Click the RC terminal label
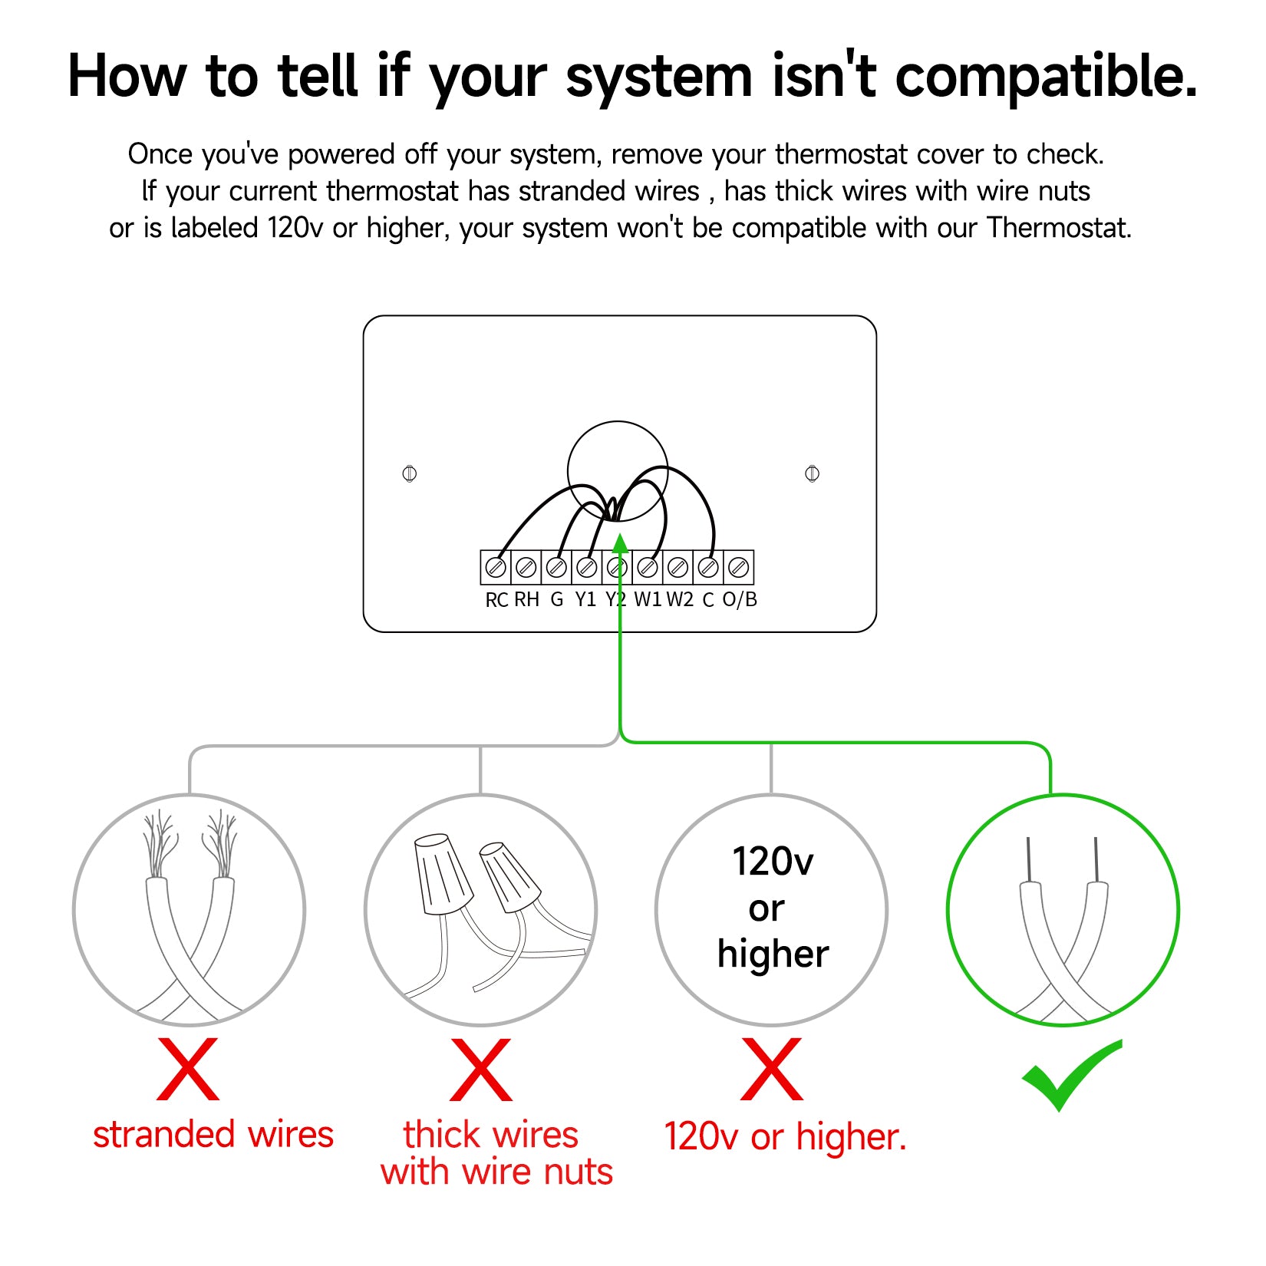(496, 600)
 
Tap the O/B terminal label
(740, 599)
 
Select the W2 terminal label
(679, 599)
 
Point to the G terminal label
(557, 599)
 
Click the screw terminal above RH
(526, 568)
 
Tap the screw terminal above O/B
(738, 568)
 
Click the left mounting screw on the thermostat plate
(410, 473)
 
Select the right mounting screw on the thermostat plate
(812, 473)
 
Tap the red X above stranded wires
(188, 1069)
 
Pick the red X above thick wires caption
(481, 1069)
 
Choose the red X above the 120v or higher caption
(772, 1069)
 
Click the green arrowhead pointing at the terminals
(620, 542)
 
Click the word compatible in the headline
(1047, 77)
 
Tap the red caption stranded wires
(213, 1135)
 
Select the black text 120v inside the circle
(773, 862)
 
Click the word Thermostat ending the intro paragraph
(1059, 228)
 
